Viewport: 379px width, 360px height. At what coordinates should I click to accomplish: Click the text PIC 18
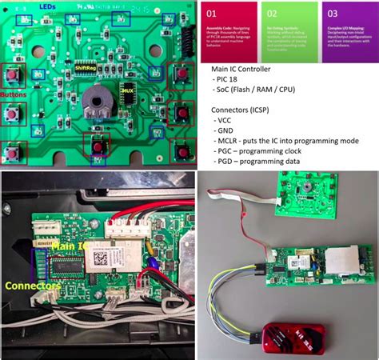(x=231, y=81)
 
